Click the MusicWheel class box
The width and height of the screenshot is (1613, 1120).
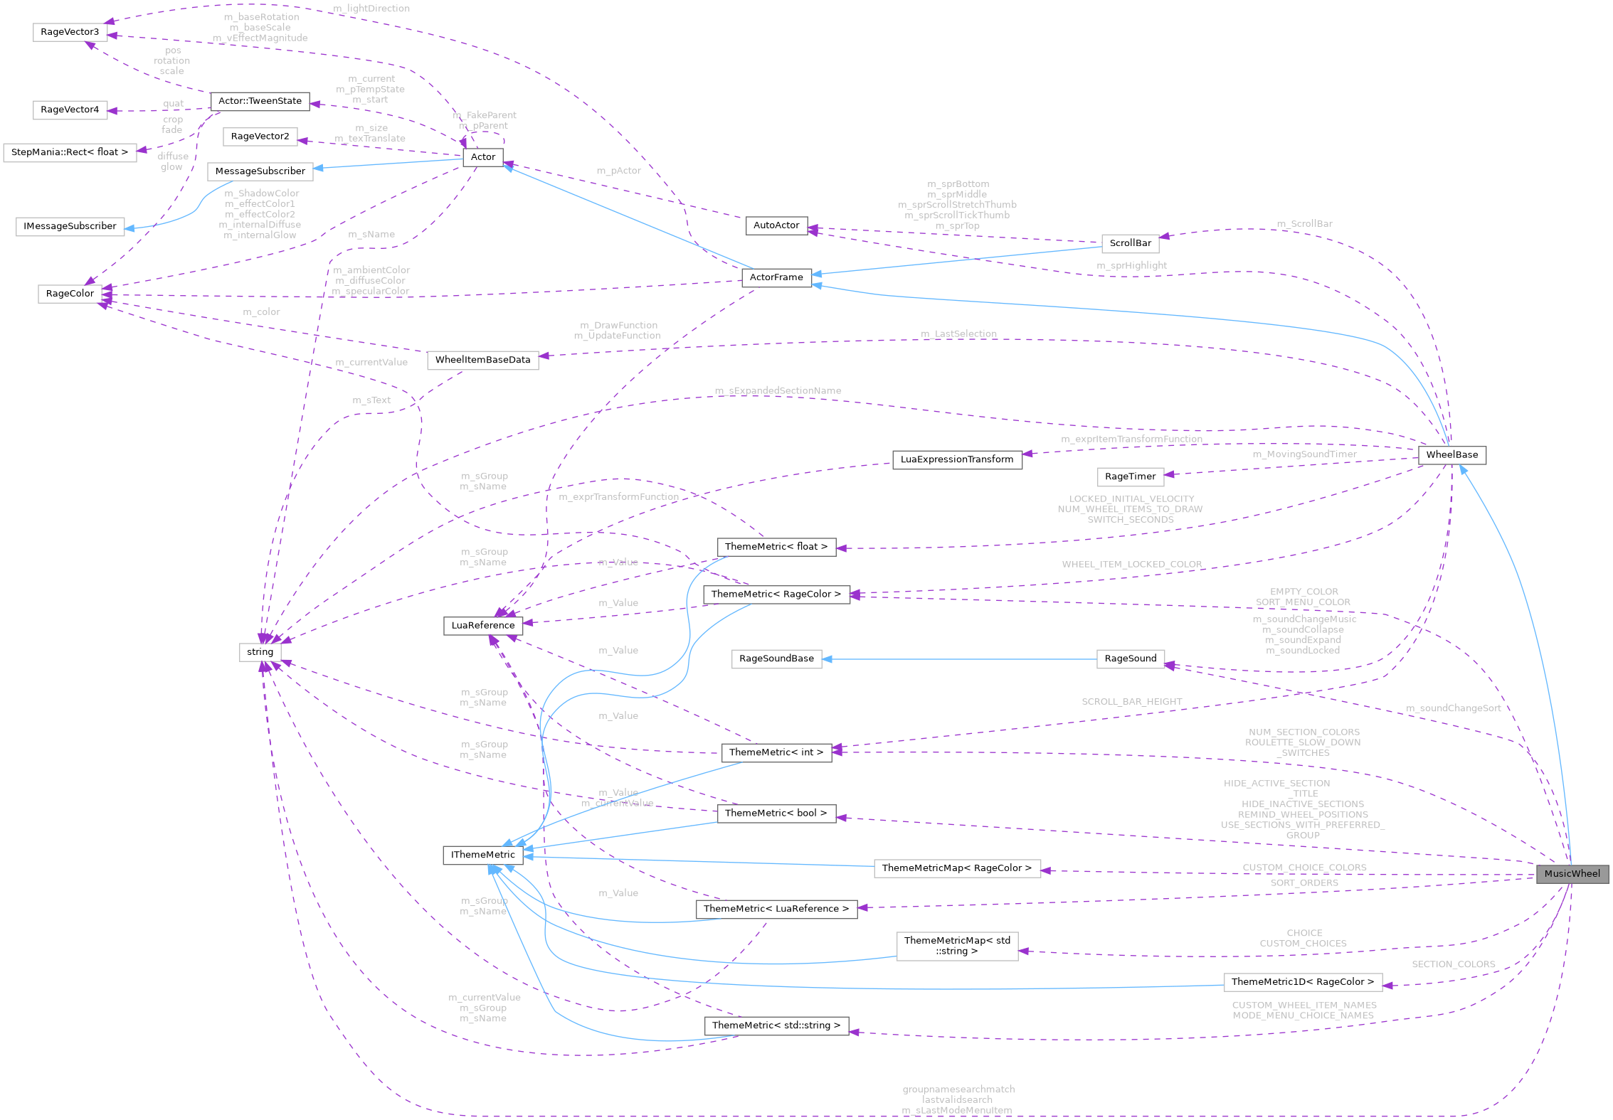(x=1572, y=874)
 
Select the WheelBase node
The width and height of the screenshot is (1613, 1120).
(x=1451, y=455)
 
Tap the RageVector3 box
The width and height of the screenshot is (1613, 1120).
(x=70, y=32)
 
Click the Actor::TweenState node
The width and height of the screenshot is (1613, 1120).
(x=260, y=101)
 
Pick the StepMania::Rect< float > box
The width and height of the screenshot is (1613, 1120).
(x=70, y=152)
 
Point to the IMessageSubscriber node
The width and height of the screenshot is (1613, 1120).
(x=70, y=226)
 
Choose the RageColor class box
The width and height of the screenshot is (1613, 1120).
(x=70, y=294)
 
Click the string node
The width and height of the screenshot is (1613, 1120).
(x=260, y=652)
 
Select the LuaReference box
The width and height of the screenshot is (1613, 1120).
(x=482, y=626)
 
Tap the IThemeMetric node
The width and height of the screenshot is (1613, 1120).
(x=482, y=855)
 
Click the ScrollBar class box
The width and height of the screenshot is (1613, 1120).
(x=1130, y=243)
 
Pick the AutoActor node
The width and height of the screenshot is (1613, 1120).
(x=776, y=225)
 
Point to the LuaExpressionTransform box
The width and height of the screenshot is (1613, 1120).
(x=956, y=459)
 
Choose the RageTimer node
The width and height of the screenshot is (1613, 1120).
(x=1130, y=476)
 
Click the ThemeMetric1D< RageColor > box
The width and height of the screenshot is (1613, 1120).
(x=1302, y=982)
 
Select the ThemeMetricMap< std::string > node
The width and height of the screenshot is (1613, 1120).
(x=957, y=946)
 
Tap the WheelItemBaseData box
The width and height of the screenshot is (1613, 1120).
(x=482, y=360)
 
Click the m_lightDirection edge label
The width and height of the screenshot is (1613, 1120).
(x=371, y=9)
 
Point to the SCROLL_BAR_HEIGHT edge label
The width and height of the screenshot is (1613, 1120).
(x=1131, y=702)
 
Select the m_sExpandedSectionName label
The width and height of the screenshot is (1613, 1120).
(x=778, y=390)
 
